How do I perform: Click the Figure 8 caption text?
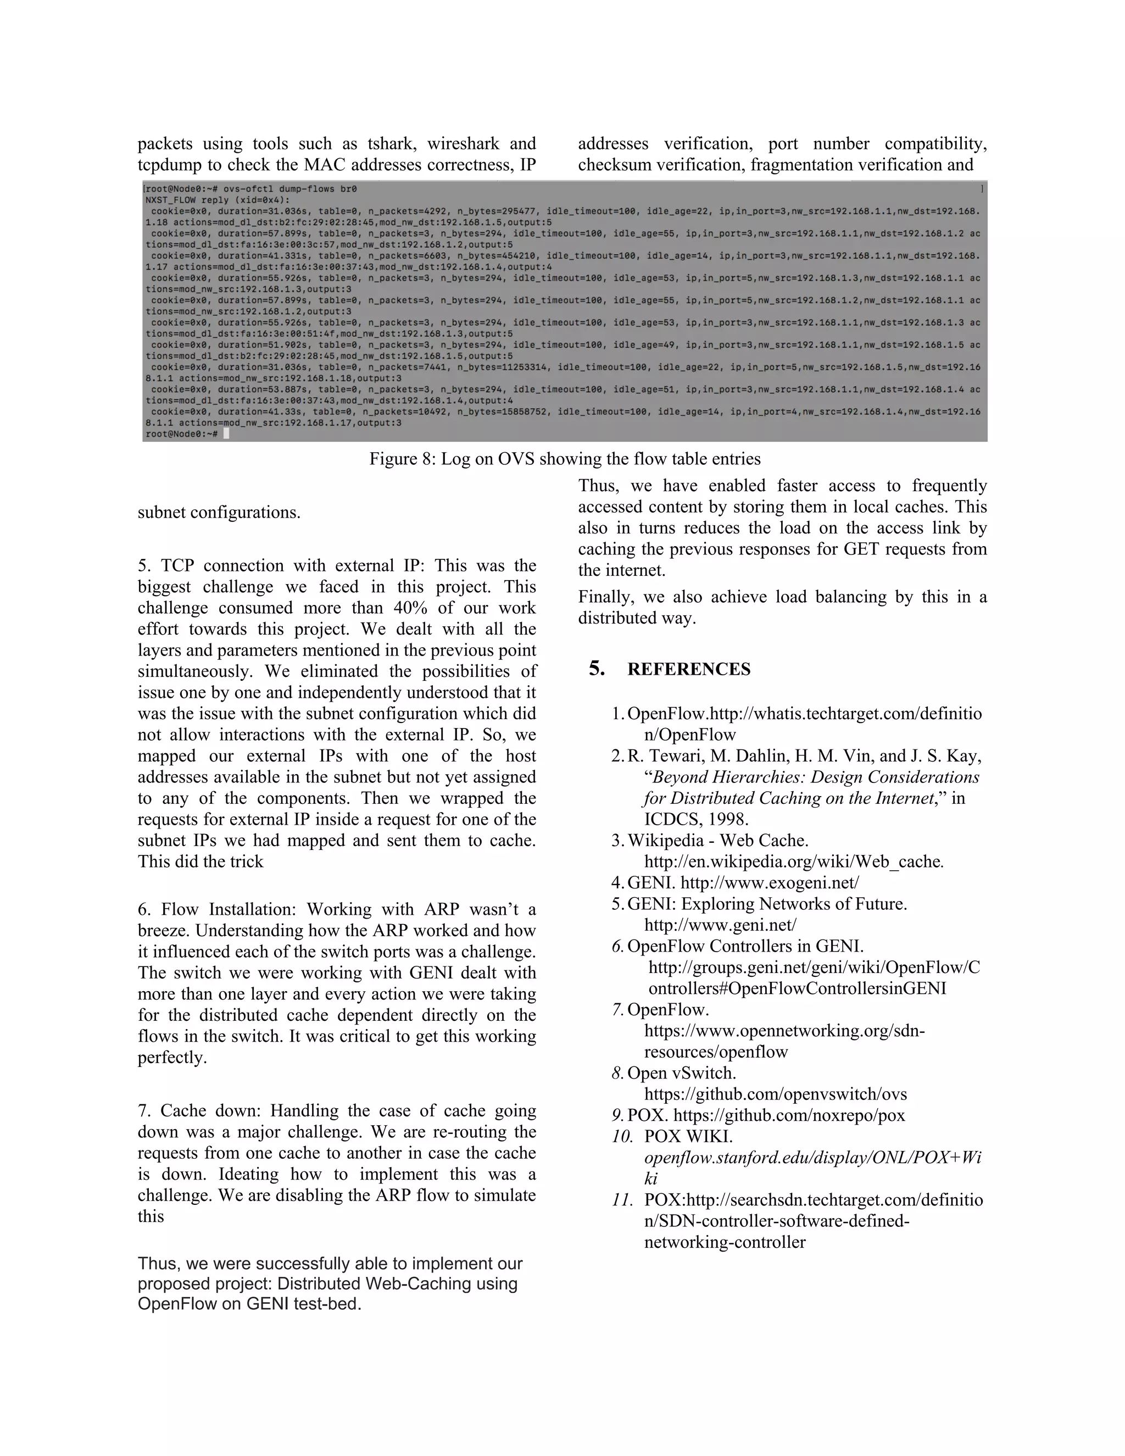click(x=565, y=459)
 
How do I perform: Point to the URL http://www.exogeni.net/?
click(x=770, y=883)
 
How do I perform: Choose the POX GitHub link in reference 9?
click(x=789, y=1115)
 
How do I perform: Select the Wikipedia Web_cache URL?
click(x=793, y=862)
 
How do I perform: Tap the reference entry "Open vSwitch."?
click(x=681, y=1074)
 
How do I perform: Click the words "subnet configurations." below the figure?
click(x=219, y=513)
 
